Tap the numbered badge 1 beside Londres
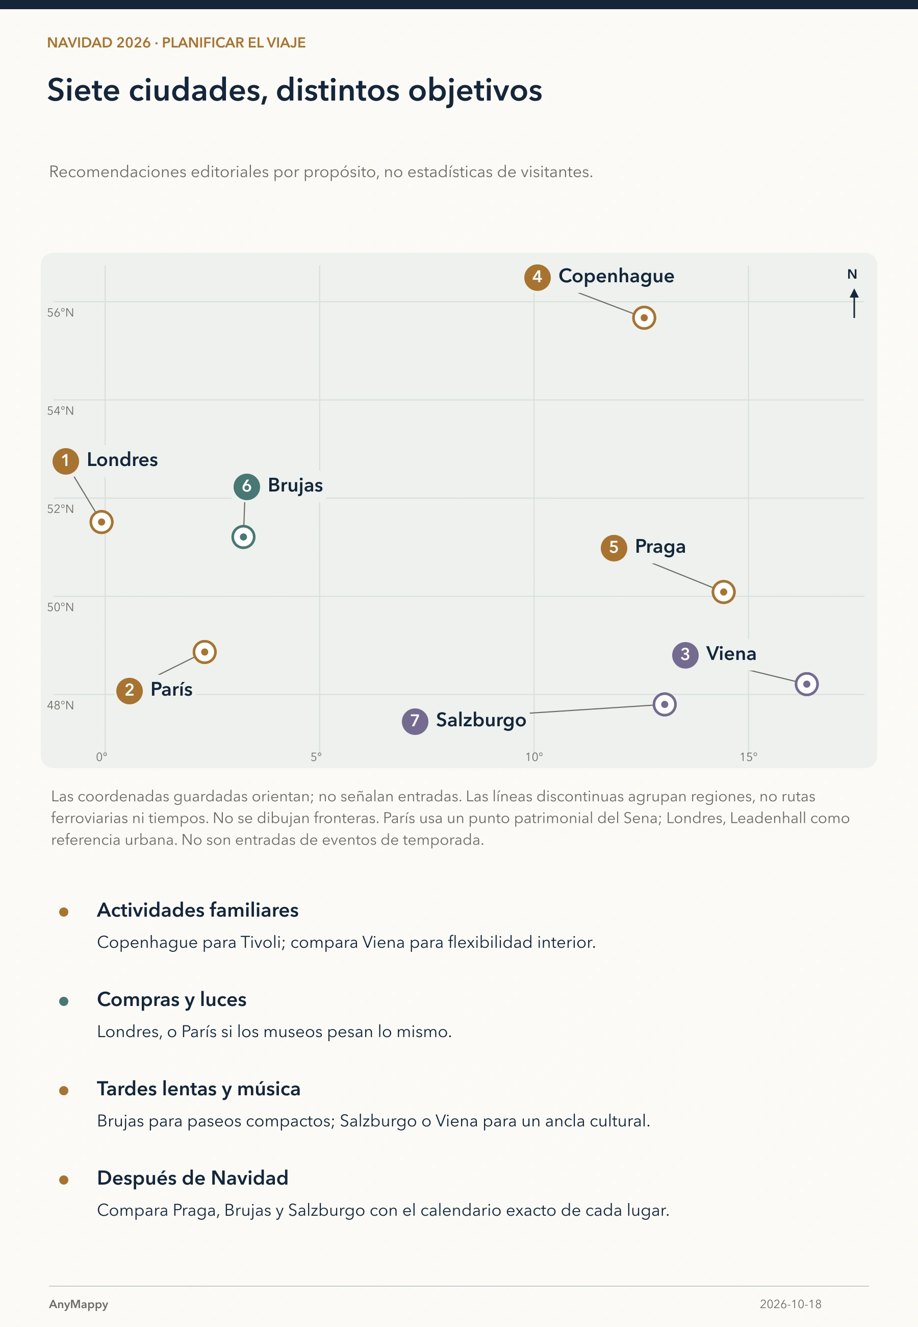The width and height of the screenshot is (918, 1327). [66, 461]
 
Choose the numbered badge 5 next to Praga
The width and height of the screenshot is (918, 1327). [614, 547]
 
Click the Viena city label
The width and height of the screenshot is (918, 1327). [730, 654]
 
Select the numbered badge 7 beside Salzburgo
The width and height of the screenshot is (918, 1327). [415, 721]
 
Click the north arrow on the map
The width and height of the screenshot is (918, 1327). [854, 303]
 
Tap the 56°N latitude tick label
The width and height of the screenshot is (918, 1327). [60, 312]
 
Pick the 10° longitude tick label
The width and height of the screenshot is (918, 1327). [534, 757]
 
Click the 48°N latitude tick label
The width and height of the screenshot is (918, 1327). [60, 705]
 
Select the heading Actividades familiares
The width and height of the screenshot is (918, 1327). [198, 911]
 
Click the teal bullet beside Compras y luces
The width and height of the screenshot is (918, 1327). [64, 1001]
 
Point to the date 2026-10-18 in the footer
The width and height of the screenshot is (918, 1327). [790, 1304]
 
